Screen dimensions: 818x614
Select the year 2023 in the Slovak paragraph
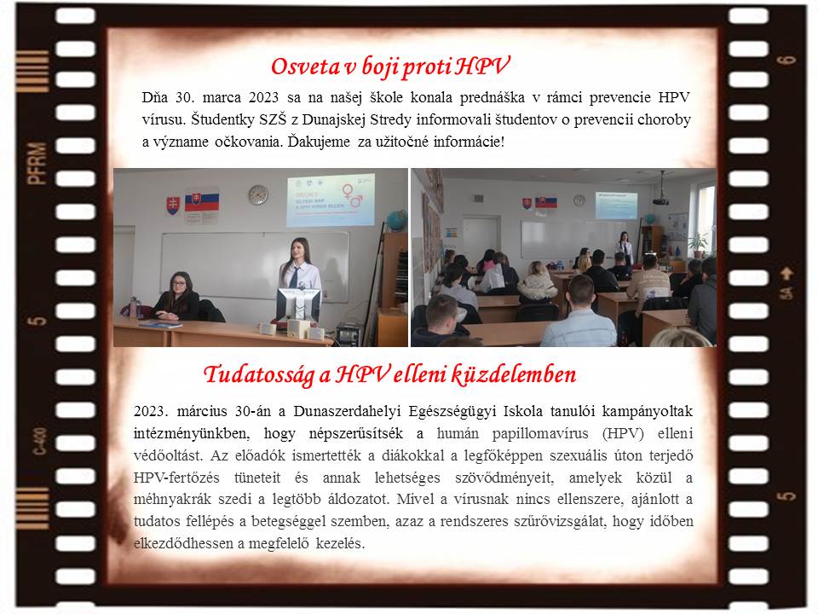click(x=263, y=97)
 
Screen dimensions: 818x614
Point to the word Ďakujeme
click(x=319, y=142)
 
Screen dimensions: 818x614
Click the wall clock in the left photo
click(x=257, y=194)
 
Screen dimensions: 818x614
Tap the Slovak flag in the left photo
click(x=202, y=201)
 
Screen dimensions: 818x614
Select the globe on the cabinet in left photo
click(x=396, y=220)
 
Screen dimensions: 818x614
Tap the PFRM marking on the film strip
click(x=37, y=164)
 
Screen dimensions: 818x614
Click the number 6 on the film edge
click(x=786, y=61)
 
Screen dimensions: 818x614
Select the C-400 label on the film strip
click(x=39, y=441)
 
